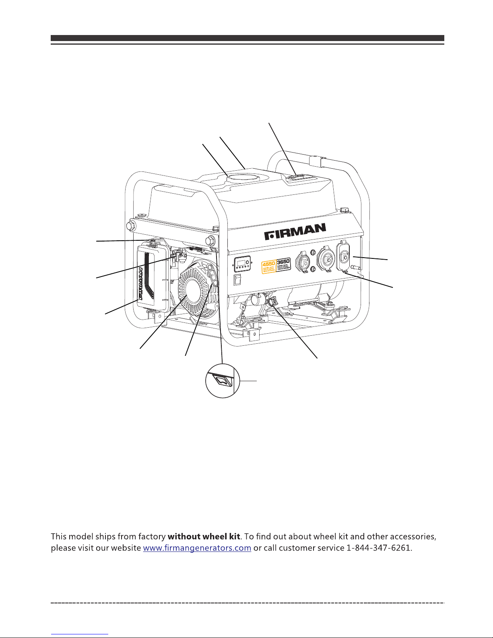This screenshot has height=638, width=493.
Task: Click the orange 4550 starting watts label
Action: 269,267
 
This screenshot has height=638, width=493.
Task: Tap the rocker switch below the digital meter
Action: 237,280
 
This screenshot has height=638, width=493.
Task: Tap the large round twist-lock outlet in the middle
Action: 326,260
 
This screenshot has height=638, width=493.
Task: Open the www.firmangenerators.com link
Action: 197,548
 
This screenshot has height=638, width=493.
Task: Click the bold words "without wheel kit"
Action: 204,537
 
